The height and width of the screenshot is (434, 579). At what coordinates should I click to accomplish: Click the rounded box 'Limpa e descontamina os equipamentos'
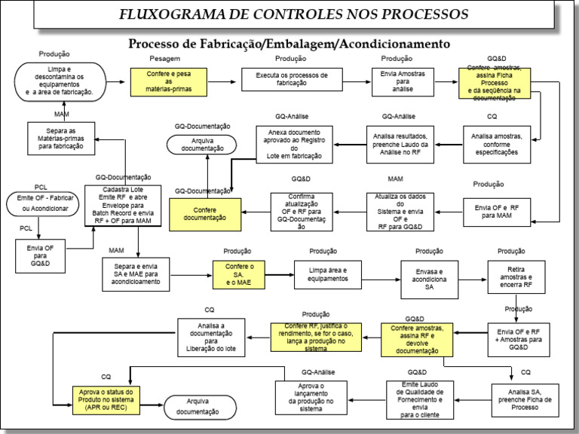[60, 81]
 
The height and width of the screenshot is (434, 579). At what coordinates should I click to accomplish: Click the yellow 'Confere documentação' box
[205, 213]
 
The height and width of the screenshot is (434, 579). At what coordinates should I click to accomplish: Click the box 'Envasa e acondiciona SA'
[429, 277]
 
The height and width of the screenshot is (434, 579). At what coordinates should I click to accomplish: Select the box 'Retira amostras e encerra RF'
[516, 277]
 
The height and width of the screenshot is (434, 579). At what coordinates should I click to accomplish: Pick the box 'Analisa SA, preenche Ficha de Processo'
[525, 399]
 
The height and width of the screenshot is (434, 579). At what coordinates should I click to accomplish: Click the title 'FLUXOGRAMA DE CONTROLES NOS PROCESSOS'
[293, 14]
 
